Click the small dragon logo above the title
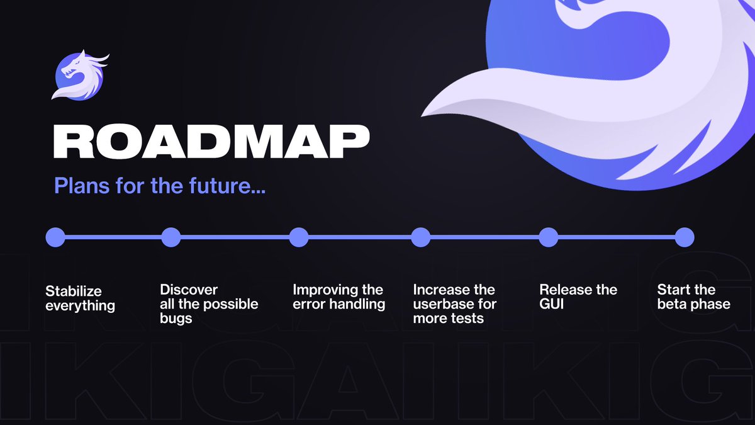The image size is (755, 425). (x=80, y=76)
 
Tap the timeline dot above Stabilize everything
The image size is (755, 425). (x=55, y=237)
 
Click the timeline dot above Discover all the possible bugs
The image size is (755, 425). (x=171, y=237)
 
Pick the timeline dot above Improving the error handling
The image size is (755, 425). (x=299, y=237)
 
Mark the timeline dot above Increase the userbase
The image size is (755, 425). (x=420, y=237)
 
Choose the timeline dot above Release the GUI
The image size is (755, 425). (x=549, y=237)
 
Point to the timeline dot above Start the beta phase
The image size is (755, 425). (x=685, y=237)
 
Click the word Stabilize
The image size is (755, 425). (x=74, y=292)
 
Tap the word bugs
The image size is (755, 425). (x=176, y=319)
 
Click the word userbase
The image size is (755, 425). (x=444, y=304)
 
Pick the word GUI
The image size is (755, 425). (x=552, y=304)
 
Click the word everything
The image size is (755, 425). (x=80, y=306)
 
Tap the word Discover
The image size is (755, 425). (x=189, y=290)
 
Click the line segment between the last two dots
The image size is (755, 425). (x=617, y=237)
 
